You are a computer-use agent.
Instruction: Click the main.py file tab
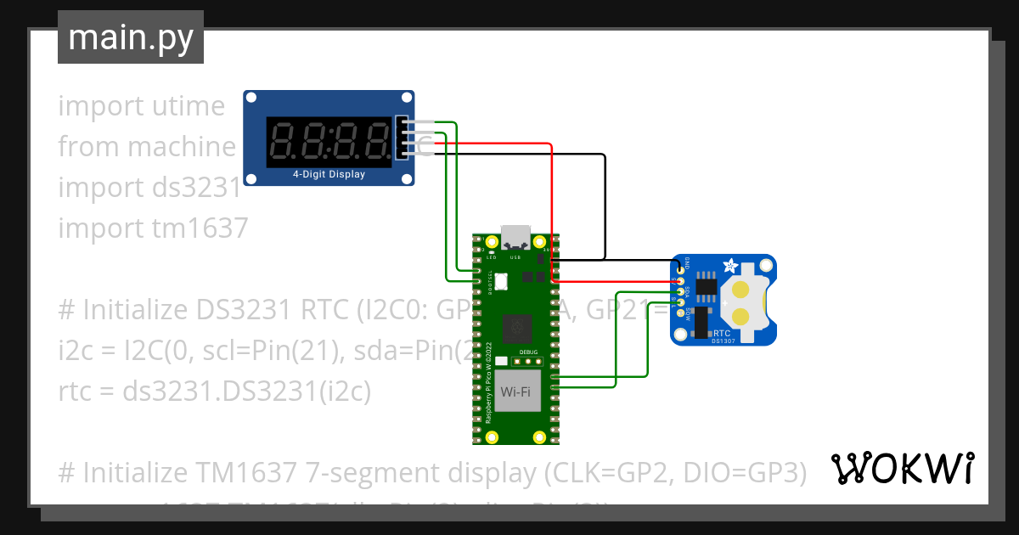pyautogui.click(x=130, y=37)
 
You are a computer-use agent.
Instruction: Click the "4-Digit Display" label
pyautogui.click(x=329, y=175)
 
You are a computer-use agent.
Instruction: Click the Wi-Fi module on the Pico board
pyautogui.click(x=520, y=391)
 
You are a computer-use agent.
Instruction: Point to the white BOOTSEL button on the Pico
pyautogui.click(x=500, y=279)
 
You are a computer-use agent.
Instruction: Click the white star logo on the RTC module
pyautogui.click(x=729, y=267)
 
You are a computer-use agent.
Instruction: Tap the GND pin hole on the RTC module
pyautogui.click(x=681, y=271)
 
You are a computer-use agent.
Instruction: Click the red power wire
pyautogui.click(x=552, y=212)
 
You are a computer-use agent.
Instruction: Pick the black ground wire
pyautogui.click(x=604, y=204)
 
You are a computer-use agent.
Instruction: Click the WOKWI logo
pyautogui.click(x=901, y=468)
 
